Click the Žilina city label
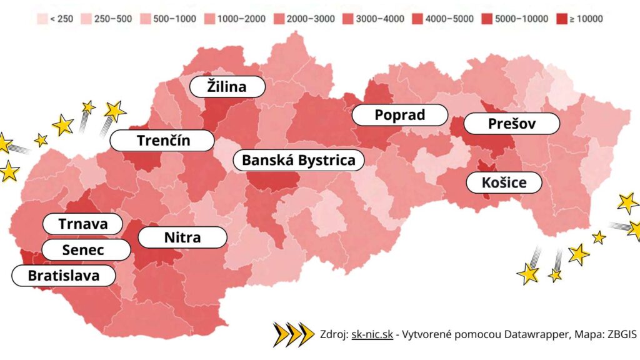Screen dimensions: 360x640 pyautogui.click(x=227, y=87)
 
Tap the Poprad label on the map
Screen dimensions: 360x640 pyautogui.click(x=399, y=115)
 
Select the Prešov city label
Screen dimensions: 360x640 pyautogui.click(x=512, y=124)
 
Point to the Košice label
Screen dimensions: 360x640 pyautogui.click(x=504, y=182)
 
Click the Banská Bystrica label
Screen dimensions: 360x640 pyautogui.click(x=298, y=160)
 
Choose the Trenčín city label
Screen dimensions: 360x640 pyautogui.click(x=163, y=141)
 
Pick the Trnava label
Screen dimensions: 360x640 pyautogui.click(x=82, y=224)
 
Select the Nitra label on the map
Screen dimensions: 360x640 pyautogui.click(x=182, y=237)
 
